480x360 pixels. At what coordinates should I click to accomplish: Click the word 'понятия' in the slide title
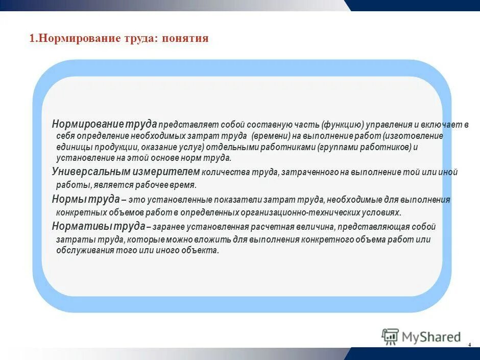(x=185, y=39)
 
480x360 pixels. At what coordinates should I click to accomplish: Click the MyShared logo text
(x=431, y=337)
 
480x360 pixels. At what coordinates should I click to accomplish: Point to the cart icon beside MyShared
(x=391, y=337)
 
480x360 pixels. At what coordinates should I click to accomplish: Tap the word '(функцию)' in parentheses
(x=342, y=125)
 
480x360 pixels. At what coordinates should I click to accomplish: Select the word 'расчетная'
(x=275, y=227)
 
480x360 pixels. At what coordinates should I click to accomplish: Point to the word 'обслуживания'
(x=81, y=250)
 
